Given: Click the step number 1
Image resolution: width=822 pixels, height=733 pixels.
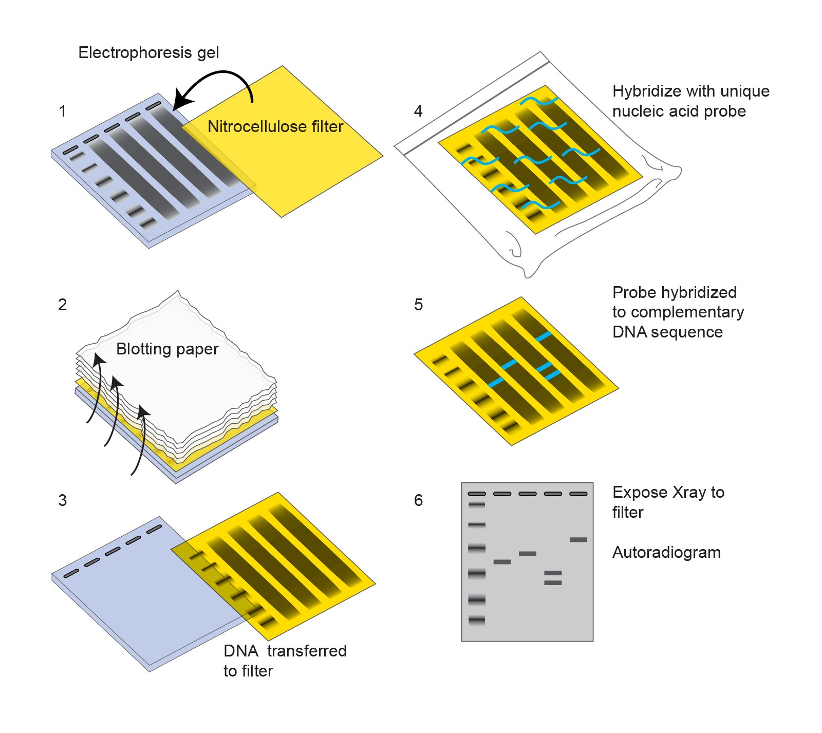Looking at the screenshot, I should point(62,111).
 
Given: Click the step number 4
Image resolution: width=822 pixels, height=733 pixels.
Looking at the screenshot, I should point(418,111).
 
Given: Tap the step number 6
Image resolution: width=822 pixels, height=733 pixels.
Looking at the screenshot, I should point(418,500).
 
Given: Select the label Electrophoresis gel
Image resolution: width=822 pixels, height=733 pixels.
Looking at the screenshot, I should point(148,52).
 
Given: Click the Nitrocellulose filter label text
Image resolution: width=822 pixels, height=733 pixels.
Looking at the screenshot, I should point(275,126).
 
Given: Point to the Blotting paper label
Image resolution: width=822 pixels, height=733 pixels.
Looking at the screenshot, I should point(167,349).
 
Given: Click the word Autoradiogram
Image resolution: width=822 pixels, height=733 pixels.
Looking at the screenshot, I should point(666,552).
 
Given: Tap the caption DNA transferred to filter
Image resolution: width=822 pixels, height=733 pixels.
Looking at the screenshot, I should point(285,661).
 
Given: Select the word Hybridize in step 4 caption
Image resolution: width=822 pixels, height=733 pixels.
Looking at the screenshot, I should point(645,91).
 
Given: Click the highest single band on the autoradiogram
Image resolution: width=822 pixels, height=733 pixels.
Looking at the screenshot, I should point(578,539).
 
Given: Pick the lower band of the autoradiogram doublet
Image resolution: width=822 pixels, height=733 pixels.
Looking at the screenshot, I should point(553,583).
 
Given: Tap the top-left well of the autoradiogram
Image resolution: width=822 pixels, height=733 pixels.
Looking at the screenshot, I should point(477,494).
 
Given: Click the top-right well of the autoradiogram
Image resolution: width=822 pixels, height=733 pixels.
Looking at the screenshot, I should point(578,494).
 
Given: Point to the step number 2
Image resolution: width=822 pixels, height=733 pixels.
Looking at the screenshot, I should point(62,305).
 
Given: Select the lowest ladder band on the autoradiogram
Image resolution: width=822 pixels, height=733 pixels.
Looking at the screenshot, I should point(477,621).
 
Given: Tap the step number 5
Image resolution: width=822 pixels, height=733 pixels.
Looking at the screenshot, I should point(418,305).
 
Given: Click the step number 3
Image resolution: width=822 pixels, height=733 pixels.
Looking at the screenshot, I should point(62,500).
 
